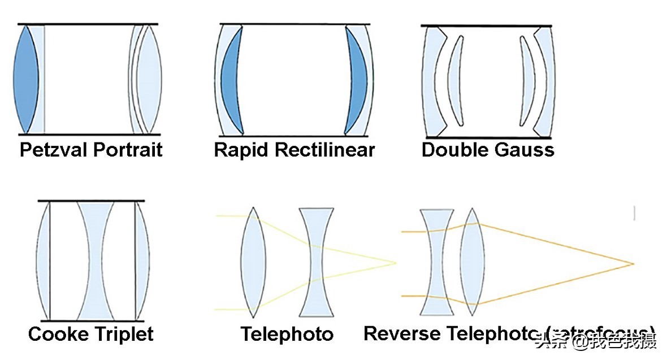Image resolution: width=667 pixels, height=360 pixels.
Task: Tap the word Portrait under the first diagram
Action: (x=128, y=150)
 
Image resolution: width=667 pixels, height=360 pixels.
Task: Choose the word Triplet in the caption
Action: (x=123, y=334)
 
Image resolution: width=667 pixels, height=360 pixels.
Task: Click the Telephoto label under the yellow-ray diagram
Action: (x=287, y=334)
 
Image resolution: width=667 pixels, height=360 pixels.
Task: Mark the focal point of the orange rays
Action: (x=633, y=263)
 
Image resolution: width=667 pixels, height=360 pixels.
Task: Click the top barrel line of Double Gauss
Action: (x=486, y=26)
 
